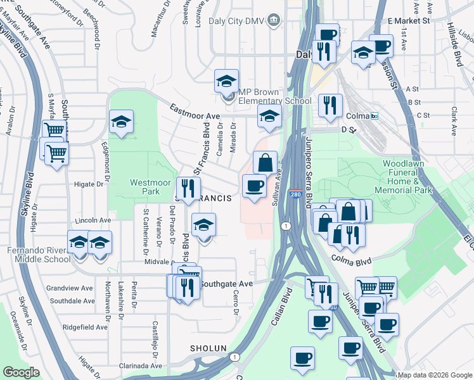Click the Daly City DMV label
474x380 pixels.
(236, 20)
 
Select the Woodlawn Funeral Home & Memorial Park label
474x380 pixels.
(407, 177)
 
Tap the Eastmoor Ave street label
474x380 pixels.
(195, 112)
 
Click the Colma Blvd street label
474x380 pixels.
(350, 258)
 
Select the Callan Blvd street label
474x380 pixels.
(281, 308)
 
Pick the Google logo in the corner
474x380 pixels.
(22, 372)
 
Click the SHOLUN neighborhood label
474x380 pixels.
(208, 348)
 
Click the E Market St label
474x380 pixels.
(425, 20)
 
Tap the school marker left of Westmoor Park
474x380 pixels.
(120, 122)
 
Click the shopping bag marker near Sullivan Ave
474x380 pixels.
(266, 161)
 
